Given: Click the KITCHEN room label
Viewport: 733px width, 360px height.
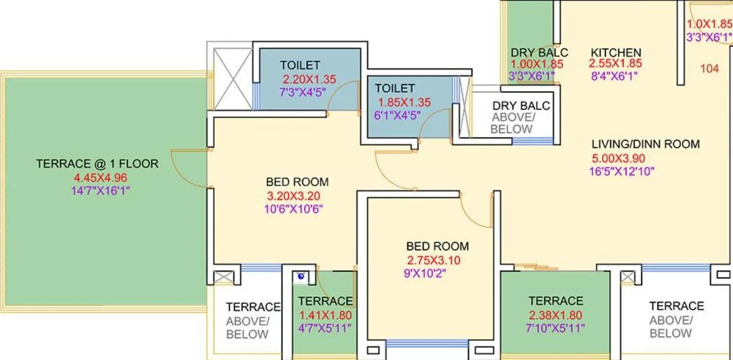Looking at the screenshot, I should coord(616,53).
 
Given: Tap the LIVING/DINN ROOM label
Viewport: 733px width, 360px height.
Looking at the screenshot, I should coord(645,144).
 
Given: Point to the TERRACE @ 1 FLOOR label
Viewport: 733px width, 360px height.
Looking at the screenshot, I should coord(97,164).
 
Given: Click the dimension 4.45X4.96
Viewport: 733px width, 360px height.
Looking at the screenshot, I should coord(100,178).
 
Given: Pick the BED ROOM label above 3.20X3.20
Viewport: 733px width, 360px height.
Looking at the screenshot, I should coord(297,182).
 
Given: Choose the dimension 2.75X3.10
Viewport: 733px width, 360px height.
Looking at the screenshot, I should coord(433,260).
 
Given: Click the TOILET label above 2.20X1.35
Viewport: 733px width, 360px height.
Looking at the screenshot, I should coord(300,65).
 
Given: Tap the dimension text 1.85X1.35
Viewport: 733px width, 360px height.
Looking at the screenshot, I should coord(403,102).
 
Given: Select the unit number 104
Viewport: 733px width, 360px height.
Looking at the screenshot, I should coord(710,68).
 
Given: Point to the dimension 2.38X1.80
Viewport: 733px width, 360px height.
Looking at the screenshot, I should coord(556,315).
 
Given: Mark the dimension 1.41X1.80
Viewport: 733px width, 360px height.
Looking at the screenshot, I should coord(325,315).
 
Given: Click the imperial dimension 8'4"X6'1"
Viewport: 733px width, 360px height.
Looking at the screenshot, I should coord(613,76).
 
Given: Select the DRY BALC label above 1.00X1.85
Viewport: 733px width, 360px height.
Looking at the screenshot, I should coord(539,53).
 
